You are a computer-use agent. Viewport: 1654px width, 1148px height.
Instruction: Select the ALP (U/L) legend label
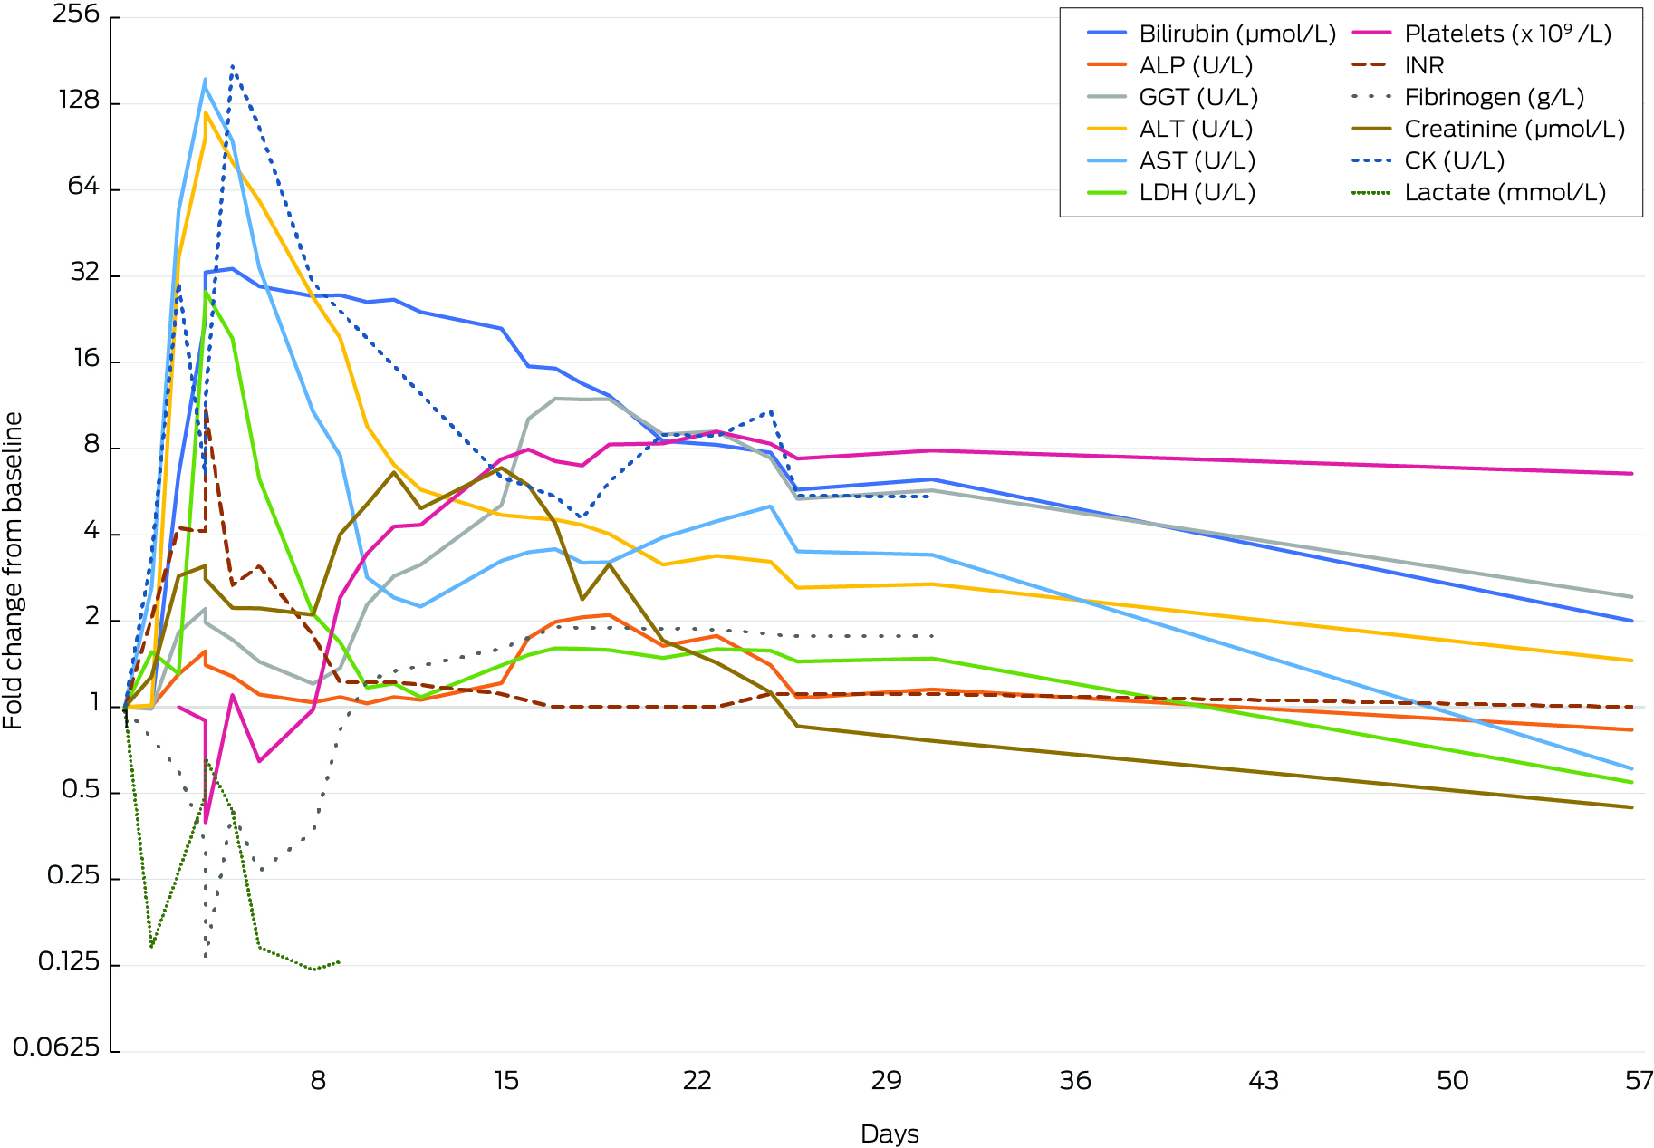pos(1196,66)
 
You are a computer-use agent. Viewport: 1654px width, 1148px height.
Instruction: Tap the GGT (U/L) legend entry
pos(1198,98)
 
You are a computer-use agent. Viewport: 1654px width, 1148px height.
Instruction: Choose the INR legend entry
pos(1424,66)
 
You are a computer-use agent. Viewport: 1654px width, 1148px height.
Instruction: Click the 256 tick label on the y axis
pos(76,14)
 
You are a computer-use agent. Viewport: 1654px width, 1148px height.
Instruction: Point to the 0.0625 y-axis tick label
pos(56,1048)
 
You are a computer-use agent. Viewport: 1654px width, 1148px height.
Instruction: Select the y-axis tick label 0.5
pos(80,790)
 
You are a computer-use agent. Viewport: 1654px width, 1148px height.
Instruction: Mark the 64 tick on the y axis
pos(83,187)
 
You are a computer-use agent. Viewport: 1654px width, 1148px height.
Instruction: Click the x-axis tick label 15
pos(506,1081)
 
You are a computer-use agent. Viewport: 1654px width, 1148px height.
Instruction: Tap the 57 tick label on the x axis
pos(1639,1081)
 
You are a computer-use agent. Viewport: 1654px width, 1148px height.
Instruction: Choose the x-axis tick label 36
pos(1075,1081)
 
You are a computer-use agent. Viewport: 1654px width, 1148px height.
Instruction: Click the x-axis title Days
pos(890,1134)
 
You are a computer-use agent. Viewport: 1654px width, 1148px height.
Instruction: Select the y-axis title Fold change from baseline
pos(13,571)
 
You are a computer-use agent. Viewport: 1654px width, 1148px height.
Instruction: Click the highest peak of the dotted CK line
pos(233,65)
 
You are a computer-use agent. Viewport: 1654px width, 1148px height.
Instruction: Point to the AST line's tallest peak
pos(206,80)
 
